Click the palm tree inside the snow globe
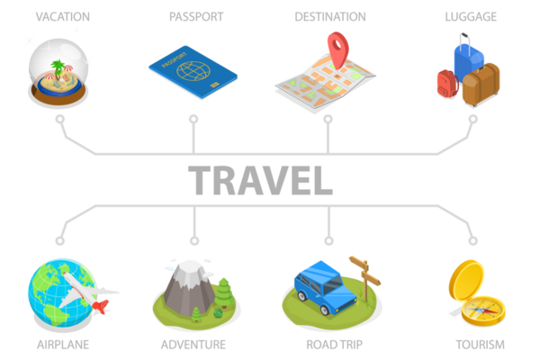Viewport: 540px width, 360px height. coord(58,69)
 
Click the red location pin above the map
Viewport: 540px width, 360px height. coord(337,45)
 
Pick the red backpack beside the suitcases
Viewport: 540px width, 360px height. coord(447,84)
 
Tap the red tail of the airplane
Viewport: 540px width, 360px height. coord(100,308)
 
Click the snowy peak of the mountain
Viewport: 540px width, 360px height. coord(190,268)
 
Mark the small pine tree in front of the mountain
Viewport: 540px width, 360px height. coord(196,314)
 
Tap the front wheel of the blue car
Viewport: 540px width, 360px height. coord(323,309)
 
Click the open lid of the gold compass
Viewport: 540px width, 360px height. coord(467,280)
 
